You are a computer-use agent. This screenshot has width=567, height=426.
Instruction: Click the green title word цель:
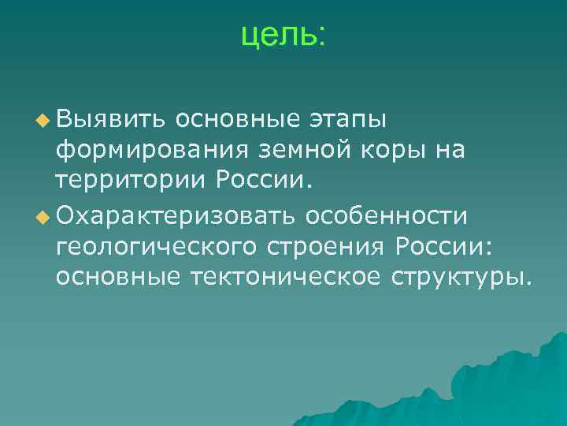283,35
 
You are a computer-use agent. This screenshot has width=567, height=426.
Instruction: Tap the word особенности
393,216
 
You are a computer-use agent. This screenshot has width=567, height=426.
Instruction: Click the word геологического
157,248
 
